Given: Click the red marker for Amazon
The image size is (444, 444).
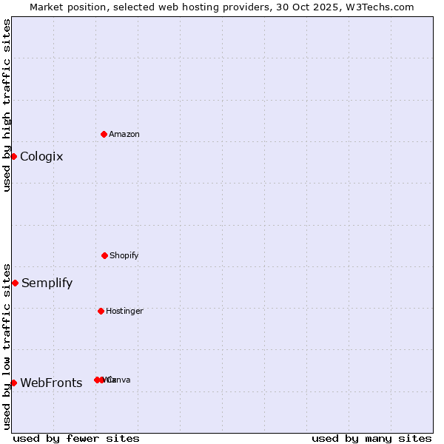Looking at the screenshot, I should point(104,134).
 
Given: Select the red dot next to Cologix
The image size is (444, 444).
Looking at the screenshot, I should point(13,156).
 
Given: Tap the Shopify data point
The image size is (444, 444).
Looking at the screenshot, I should point(104,255).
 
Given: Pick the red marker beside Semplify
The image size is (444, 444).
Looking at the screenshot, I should point(15,283).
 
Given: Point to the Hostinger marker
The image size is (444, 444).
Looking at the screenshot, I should point(101,311).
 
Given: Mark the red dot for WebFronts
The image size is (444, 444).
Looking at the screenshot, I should point(13,383).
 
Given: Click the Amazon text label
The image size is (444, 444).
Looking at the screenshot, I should point(124,134).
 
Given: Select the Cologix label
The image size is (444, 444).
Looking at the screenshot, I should point(41,156).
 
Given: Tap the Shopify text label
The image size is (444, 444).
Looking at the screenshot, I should point(124,255).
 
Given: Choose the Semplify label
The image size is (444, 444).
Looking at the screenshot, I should point(47,283).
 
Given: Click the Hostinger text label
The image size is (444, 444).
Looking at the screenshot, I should point(124,311).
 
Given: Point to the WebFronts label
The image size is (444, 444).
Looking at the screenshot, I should point(51,383).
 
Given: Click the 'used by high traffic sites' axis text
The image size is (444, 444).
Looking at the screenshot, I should point(7,106).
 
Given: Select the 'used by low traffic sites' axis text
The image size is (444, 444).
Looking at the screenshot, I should point(7,346).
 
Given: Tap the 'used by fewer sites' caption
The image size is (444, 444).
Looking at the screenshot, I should point(76,438).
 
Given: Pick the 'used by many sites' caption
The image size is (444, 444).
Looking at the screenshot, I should point(371,438).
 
